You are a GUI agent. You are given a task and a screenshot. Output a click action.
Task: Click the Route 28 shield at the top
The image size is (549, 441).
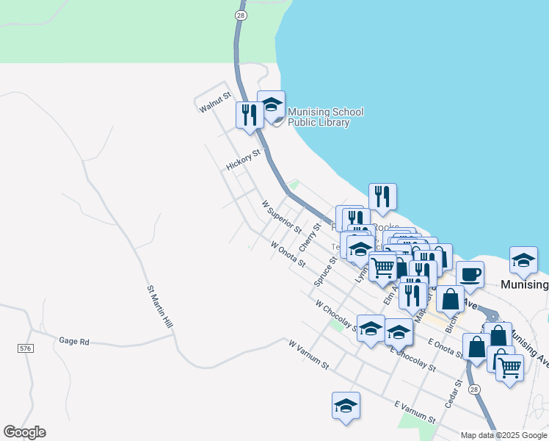(240, 14)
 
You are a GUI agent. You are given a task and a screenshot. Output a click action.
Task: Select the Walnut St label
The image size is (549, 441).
(215, 102)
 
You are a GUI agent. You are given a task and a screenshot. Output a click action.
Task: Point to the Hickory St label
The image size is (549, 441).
(244, 160)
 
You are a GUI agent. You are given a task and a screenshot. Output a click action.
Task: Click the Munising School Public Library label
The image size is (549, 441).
(325, 117)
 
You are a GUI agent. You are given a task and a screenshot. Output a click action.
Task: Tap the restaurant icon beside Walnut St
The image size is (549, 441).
(250, 115)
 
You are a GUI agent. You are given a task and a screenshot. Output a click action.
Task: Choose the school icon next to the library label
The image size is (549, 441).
(271, 104)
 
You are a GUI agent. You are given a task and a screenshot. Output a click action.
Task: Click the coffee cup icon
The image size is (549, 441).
(470, 275)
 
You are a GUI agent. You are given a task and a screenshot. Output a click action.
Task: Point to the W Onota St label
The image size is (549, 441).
(287, 254)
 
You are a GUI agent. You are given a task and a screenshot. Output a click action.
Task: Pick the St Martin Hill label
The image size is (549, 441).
(159, 308)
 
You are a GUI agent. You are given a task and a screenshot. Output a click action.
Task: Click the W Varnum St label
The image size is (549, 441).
(309, 354)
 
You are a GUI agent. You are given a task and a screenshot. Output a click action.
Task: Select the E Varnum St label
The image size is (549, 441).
(415, 412)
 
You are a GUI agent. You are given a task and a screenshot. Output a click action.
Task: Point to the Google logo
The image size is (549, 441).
(24, 432)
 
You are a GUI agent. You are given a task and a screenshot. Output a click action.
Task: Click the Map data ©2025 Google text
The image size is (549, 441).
(503, 435)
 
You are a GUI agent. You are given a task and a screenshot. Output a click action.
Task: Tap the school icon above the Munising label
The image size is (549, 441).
(523, 260)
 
